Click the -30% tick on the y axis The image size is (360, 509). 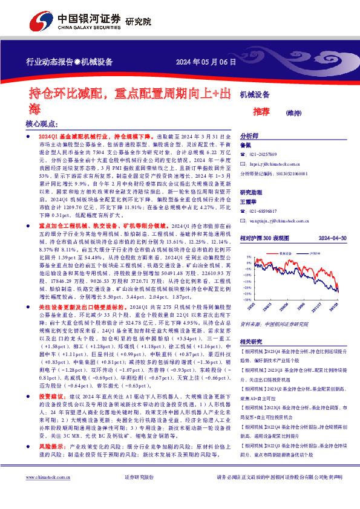246,300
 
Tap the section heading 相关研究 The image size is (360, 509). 252,341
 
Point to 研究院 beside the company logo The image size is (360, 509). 139,21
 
